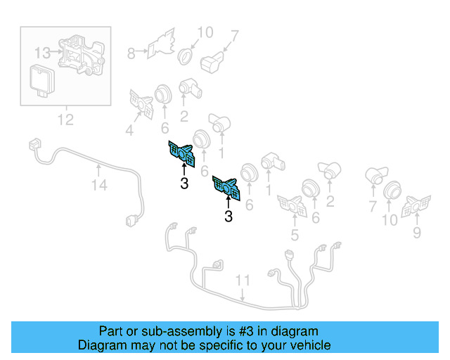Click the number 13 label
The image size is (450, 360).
coord(41,52)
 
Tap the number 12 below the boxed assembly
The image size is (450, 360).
coord(65,120)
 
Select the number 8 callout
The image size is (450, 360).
coord(131,51)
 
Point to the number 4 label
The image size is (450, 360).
coord(129,129)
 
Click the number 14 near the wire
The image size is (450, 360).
coord(99,186)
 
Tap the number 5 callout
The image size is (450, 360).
coord(294,236)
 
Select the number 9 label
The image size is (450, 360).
coord(418,232)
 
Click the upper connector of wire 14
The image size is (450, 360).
coord(33,145)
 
